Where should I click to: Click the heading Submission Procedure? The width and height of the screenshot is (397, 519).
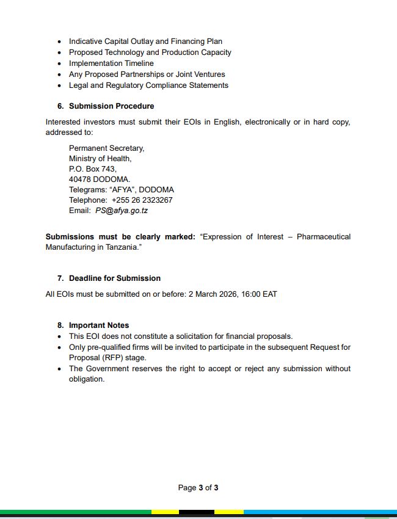[x=111, y=106]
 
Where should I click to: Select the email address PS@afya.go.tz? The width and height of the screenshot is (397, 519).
[x=122, y=211]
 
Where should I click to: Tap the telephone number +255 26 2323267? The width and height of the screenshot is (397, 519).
[x=142, y=200]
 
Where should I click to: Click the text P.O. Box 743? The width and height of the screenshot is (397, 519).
[x=92, y=169]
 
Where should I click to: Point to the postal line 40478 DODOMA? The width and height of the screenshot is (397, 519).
[x=99, y=180]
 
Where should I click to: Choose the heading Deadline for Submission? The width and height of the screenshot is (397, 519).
[x=114, y=278]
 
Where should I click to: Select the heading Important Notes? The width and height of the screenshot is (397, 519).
[x=99, y=325]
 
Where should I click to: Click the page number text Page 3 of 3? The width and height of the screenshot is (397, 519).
[x=198, y=488]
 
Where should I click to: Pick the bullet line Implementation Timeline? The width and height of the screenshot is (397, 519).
[x=111, y=64]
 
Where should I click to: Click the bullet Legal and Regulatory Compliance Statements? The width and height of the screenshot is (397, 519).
[x=148, y=85]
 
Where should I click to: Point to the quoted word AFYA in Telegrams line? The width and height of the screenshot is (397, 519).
[x=122, y=190]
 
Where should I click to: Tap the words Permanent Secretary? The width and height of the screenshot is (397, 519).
[x=106, y=148]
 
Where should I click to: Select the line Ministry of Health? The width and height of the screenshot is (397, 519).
[x=100, y=159]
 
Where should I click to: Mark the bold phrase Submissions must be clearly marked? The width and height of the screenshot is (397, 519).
[x=120, y=237]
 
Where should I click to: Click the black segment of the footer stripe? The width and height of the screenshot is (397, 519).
[x=197, y=512]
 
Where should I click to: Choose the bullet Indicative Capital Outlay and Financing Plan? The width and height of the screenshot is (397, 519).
[x=145, y=42]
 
